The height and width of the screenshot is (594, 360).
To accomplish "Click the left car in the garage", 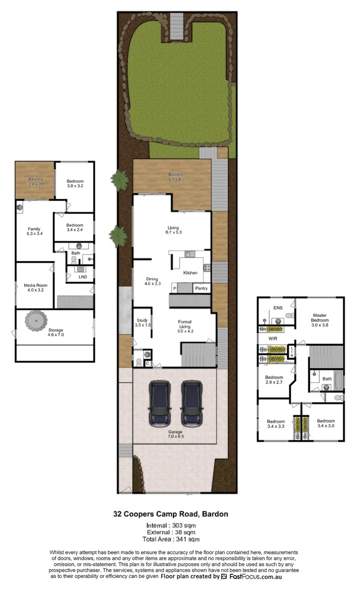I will coord(159,404).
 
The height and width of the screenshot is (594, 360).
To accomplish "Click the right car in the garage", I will coord(191,404).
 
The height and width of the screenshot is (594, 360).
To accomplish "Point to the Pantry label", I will coord(201,288).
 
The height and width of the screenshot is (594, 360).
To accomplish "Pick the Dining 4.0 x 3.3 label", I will coord(152,281).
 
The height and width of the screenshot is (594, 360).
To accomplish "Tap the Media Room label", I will coord(35,288).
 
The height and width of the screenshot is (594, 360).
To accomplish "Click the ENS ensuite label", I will coord(278,309).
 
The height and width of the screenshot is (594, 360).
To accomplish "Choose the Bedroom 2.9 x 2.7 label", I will coord(274,380).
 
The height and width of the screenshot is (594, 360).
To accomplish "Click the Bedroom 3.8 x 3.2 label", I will coord(75,184).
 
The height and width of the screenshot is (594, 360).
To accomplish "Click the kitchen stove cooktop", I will coord(208,268).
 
